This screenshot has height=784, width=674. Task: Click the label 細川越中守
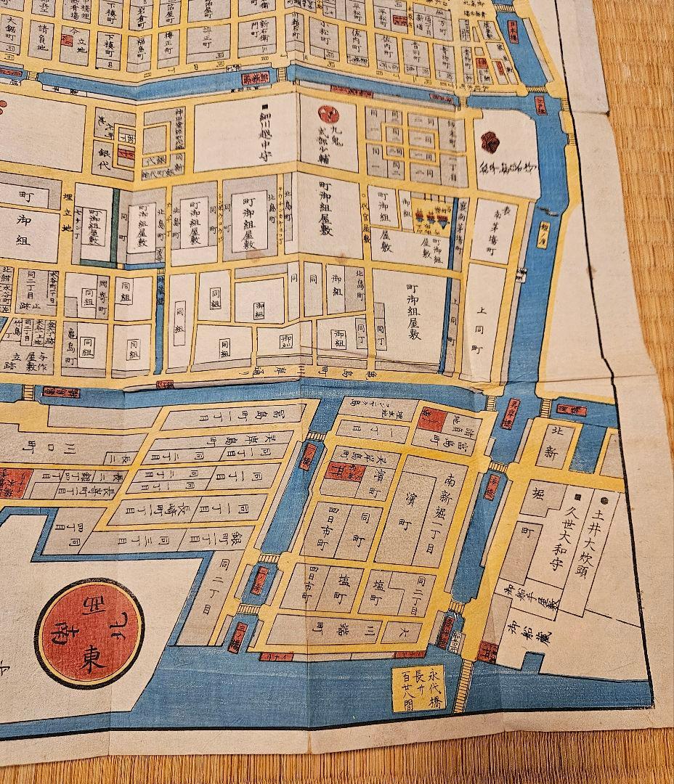(265, 136)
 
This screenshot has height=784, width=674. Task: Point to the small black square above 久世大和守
(576, 497)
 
